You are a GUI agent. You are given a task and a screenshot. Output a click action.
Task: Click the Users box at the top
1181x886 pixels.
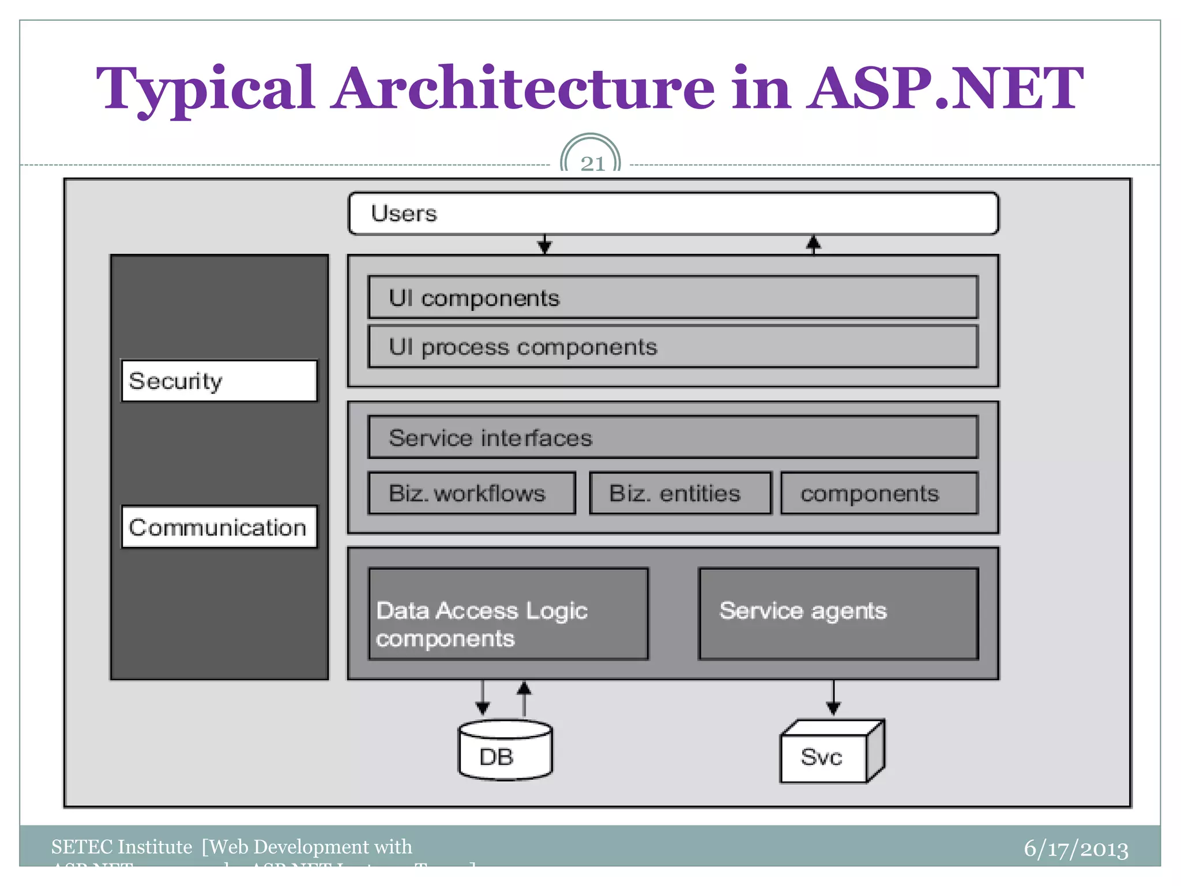click(x=673, y=213)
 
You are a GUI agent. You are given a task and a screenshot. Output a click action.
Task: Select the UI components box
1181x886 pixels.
click(x=673, y=298)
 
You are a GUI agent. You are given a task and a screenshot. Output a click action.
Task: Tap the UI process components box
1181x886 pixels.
click(x=673, y=347)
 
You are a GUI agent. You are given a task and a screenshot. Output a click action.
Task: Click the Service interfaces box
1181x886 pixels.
click(x=673, y=437)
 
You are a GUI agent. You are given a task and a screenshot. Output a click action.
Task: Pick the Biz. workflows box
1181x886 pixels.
click(x=472, y=493)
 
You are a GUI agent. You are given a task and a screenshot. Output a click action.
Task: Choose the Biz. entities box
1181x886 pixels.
click(x=680, y=493)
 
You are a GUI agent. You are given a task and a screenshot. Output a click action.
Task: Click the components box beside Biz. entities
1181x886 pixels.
click(x=879, y=493)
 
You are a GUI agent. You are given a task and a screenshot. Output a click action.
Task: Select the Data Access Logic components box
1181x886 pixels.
click(x=508, y=614)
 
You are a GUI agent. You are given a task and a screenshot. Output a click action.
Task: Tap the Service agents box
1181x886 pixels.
click(x=838, y=614)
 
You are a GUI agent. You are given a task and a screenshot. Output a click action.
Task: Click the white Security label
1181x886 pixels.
click(x=219, y=381)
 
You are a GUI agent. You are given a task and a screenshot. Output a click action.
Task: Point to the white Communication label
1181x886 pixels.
click(x=219, y=527)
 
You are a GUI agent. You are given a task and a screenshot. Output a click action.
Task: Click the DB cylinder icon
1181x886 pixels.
click(x=505, y=751)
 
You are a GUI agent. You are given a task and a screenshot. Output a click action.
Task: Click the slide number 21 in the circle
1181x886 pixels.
click(x=592, y=163)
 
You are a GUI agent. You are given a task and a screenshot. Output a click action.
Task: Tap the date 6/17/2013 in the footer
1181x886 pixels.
click(x=1075, y=849)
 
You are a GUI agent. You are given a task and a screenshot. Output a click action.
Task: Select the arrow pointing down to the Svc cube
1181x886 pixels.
click(x=833, y=698)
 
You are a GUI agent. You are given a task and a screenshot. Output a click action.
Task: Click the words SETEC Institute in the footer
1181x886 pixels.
click(x=121, y=847)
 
